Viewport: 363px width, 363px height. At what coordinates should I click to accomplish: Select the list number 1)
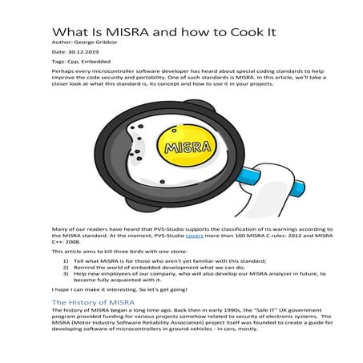pyautogui.click(x=63, y=261)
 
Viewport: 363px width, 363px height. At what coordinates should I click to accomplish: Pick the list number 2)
pyautogui.click(x=63, y=269)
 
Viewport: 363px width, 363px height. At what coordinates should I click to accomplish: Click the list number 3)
pyautogui.click(x=63, y=277)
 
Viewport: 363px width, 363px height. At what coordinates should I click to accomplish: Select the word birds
pyautogui.click(x=127, y=251)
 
